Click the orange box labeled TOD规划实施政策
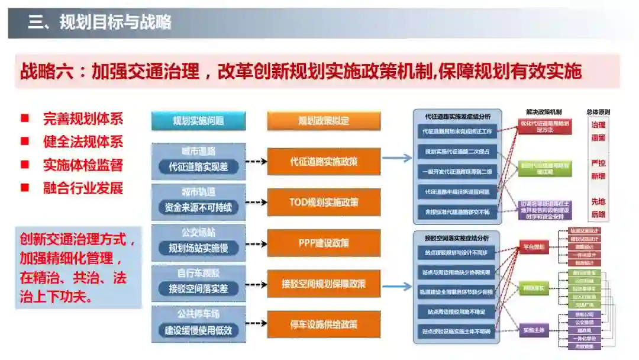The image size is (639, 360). pyautogui.click(x=324, y=202)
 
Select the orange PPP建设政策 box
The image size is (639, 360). pyautogui.click(x=324, y=243)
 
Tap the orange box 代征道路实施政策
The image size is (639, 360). pyautogui.click(x=324, y=161)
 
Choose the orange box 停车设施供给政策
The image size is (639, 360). pyautogui.click(x=324, y=324)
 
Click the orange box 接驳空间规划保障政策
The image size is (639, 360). pyautogui.click(x=324, y=284)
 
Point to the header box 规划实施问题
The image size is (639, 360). pyautogui.click(x=198, y=121)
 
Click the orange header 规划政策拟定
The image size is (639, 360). pyautogui.click(x=324, y=121)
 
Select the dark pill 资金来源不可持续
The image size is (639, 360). pyautogui.click(x=198, y=208)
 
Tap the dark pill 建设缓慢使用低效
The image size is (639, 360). pyautogui.click(x=198, y=330)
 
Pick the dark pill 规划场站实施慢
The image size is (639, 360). pyautogui.click(x=198, y=248)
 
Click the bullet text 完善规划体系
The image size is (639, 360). pyautogui.click(x=83, y=118)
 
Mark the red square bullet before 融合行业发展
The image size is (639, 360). pyautogui.click(x=25, y=188)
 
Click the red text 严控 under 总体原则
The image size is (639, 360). pyautogui.click(x=598, y=163)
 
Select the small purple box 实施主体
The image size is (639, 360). pyautogui.click(x=533, y=330)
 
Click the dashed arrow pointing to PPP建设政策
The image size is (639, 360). pyautogui.click(x=256, y=243)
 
